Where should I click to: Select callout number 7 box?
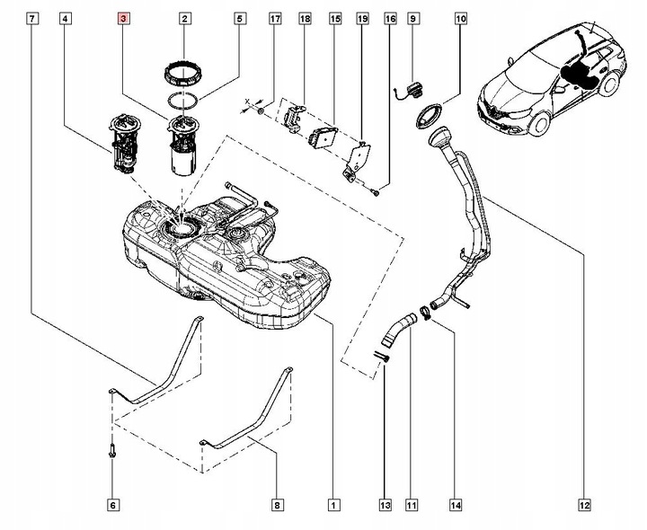(x=32, y=18)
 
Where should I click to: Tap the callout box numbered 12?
(x=585, y=506)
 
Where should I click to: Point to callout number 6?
(x=113, y=506)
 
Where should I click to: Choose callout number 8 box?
(x=276, y=506)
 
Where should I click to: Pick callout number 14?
(x=456, y=506)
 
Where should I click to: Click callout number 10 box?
(x=460, y=18)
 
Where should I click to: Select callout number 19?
(x=362, y=18)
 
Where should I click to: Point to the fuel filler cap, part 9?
(x=413, y=88)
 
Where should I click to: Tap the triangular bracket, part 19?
(x=357, y=160)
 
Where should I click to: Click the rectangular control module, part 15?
(x=321, y=138)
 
